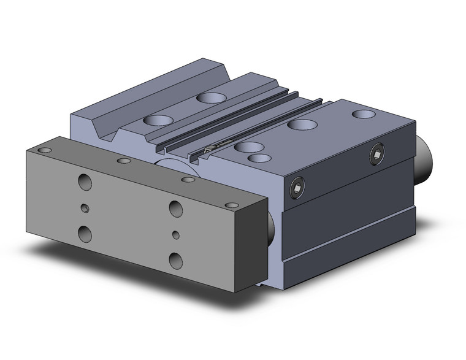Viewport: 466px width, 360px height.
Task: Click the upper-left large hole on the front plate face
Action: click(85, 182)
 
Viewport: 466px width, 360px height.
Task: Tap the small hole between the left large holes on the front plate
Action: click(85, 208)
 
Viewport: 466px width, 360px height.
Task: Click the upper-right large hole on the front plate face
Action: click(175, 209)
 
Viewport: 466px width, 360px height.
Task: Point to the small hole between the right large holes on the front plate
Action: click(176, 234)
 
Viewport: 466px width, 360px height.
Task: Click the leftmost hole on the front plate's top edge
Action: click(44, 150)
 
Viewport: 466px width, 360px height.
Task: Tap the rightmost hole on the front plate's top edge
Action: click(231, 205)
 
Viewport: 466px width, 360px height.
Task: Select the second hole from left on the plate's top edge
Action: click(124, 161)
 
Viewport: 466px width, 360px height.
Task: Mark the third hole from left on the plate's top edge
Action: click(188, 180)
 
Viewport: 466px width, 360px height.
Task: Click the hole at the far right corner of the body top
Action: click(364, 114)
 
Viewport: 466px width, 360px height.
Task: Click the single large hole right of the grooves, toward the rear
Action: click(302, 124)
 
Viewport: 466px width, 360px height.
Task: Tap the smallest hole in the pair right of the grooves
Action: click(259, 158)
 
